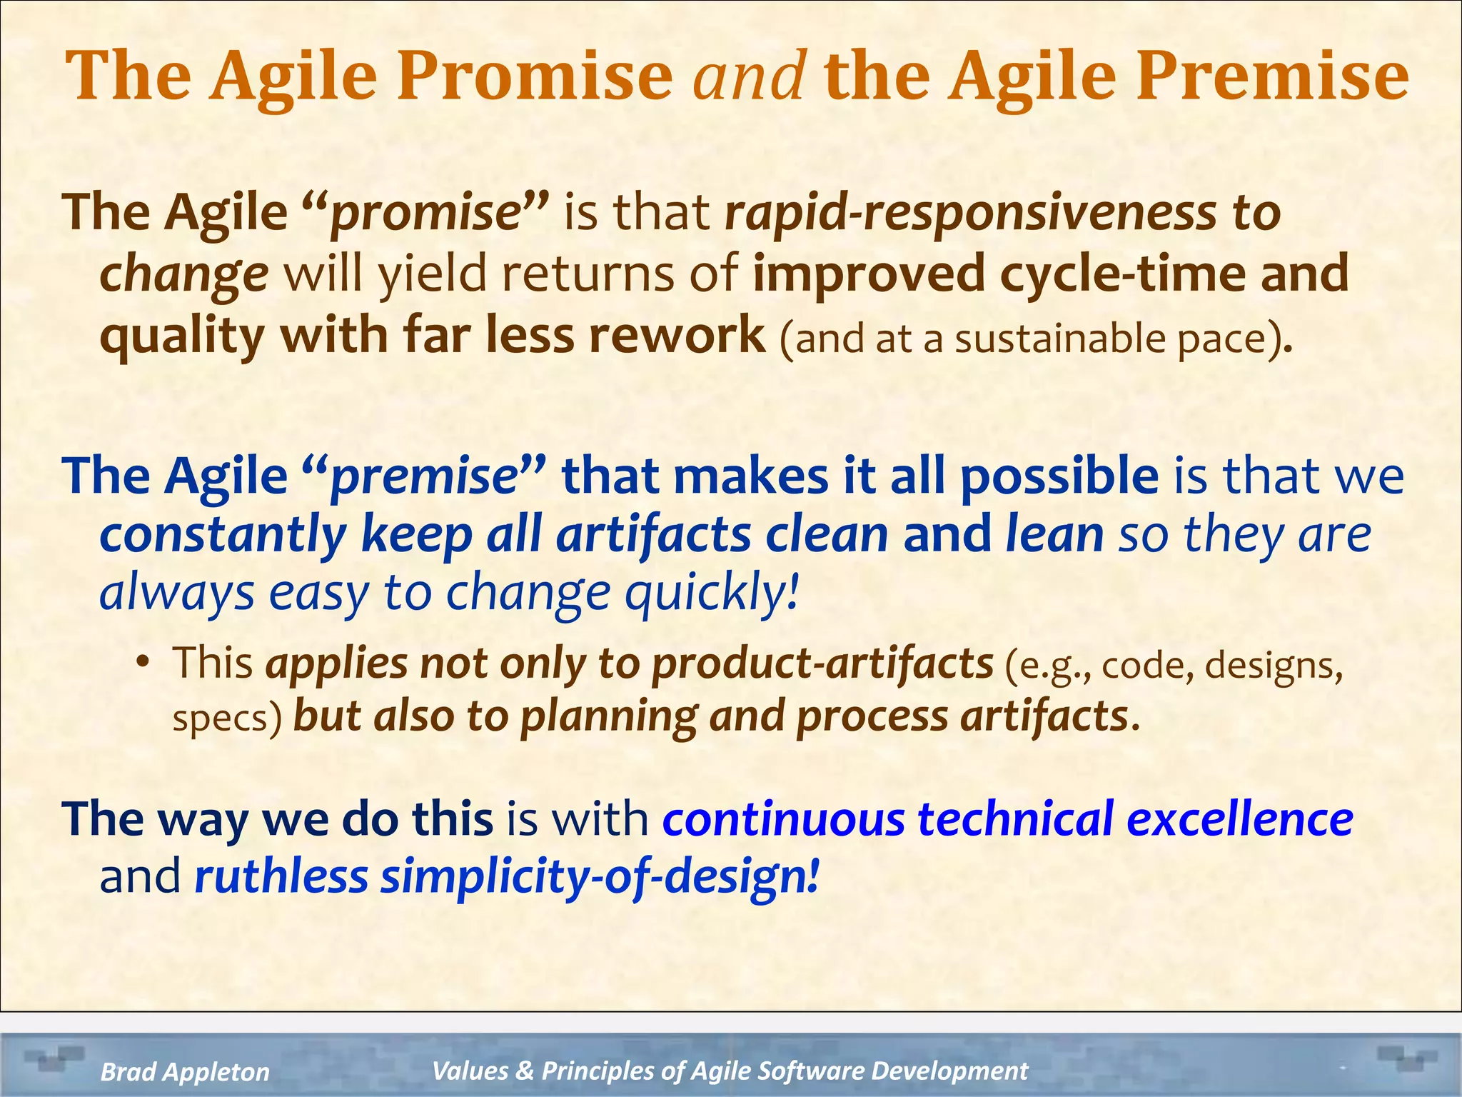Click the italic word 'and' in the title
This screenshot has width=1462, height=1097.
(x=750, y=77)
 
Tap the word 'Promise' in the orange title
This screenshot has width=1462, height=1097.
(x=534, y=77)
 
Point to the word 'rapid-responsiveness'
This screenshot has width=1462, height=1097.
(x=969, y=214)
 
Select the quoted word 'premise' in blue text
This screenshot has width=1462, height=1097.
(x=425, y=476)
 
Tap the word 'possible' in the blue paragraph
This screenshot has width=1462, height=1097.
(x=1059, y=476)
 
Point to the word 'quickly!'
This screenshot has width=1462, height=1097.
(x=711, y=593)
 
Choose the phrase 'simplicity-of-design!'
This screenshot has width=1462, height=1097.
(x=599, y=877)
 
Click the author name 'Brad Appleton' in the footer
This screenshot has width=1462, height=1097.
(x=185, y=1071)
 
